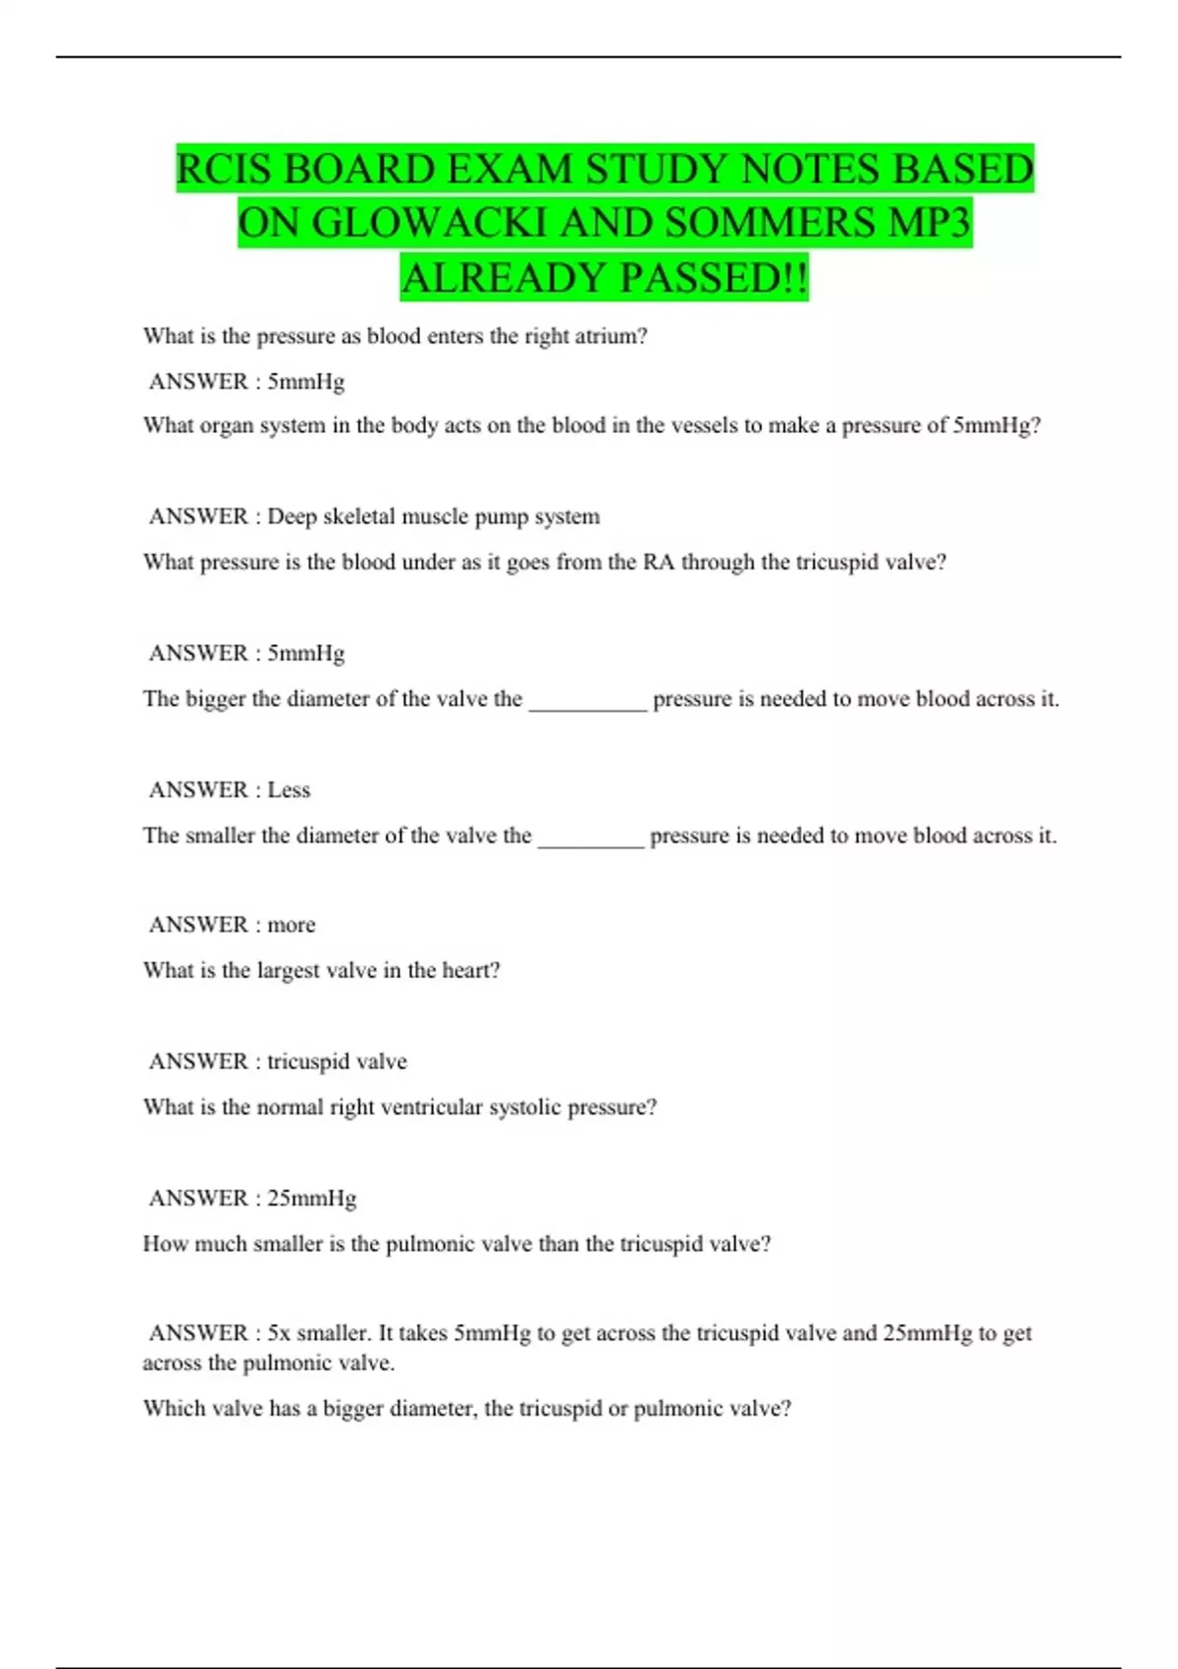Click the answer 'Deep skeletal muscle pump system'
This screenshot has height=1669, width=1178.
coord(433,516)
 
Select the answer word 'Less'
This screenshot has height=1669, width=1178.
coord(289,789)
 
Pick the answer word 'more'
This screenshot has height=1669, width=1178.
coord(292,925)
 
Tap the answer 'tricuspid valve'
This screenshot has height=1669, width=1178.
coord(337,1061)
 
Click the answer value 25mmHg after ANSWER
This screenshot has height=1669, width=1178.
coord(312,1198)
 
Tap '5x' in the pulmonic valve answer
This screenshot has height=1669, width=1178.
coord(279,1333)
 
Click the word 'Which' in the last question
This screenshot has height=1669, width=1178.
coord(171,1408)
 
